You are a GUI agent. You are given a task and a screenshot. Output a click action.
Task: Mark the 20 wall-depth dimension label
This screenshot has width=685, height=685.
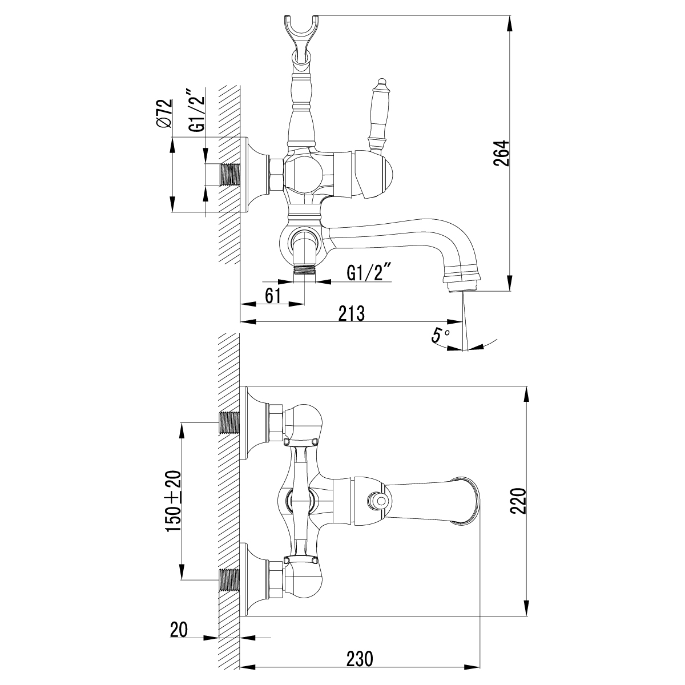click(179, 630)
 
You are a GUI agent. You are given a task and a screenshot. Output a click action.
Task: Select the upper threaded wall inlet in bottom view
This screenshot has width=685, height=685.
click(229, 422)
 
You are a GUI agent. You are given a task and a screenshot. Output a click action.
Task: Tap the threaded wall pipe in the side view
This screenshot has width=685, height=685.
click(230, 175)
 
